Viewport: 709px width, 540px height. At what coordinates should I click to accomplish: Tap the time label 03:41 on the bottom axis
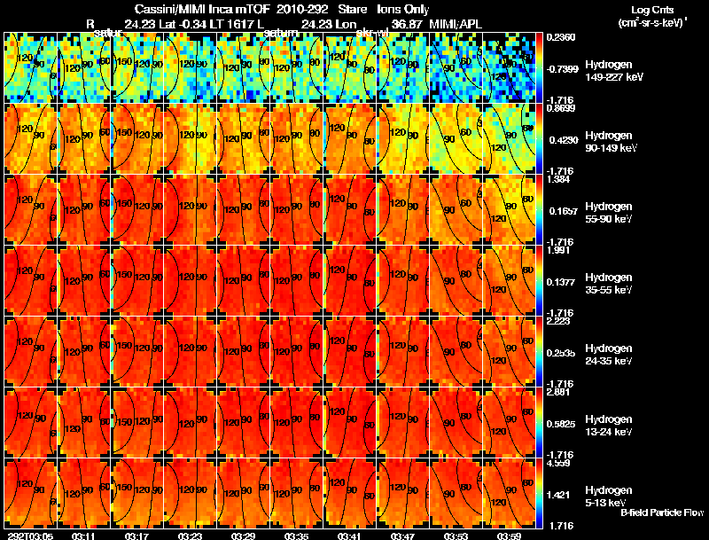[348, 536]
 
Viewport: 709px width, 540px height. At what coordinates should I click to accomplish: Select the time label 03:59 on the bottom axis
[509, 536]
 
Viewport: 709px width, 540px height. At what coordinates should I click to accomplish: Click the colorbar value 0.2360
[560, 37]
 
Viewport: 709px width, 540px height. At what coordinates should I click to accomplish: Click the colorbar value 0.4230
[560, 140]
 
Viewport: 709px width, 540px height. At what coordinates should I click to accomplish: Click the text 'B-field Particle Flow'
[661, 513]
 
